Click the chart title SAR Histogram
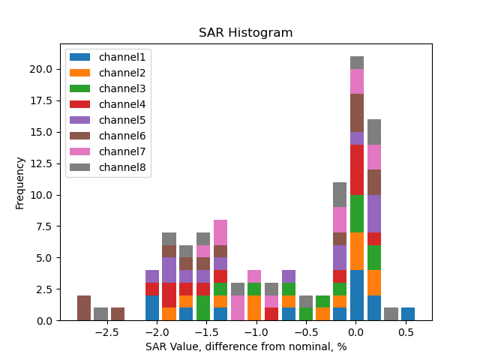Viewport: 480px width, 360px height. (245, 33)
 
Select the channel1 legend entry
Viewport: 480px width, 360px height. (109, 57)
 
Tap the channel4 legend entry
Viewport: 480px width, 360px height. (109, 104)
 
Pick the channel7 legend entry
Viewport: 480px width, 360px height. (109, 151)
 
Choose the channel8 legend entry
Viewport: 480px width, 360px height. (109, 167)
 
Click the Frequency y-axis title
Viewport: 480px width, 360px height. (20, 182)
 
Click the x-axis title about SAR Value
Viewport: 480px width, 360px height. (245, 346)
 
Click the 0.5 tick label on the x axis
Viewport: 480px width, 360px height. (406, 332)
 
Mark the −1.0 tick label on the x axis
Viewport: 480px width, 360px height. (256, 332)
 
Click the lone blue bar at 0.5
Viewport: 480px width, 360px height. (408, 313)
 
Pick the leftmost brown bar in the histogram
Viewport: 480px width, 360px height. (84, 307)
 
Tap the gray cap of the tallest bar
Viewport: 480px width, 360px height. (357, 62)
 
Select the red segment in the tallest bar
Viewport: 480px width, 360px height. (357, 169)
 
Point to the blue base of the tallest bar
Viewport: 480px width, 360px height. (357, 295)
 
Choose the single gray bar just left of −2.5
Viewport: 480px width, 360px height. (100, 313)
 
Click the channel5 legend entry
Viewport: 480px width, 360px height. (109, 120)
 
